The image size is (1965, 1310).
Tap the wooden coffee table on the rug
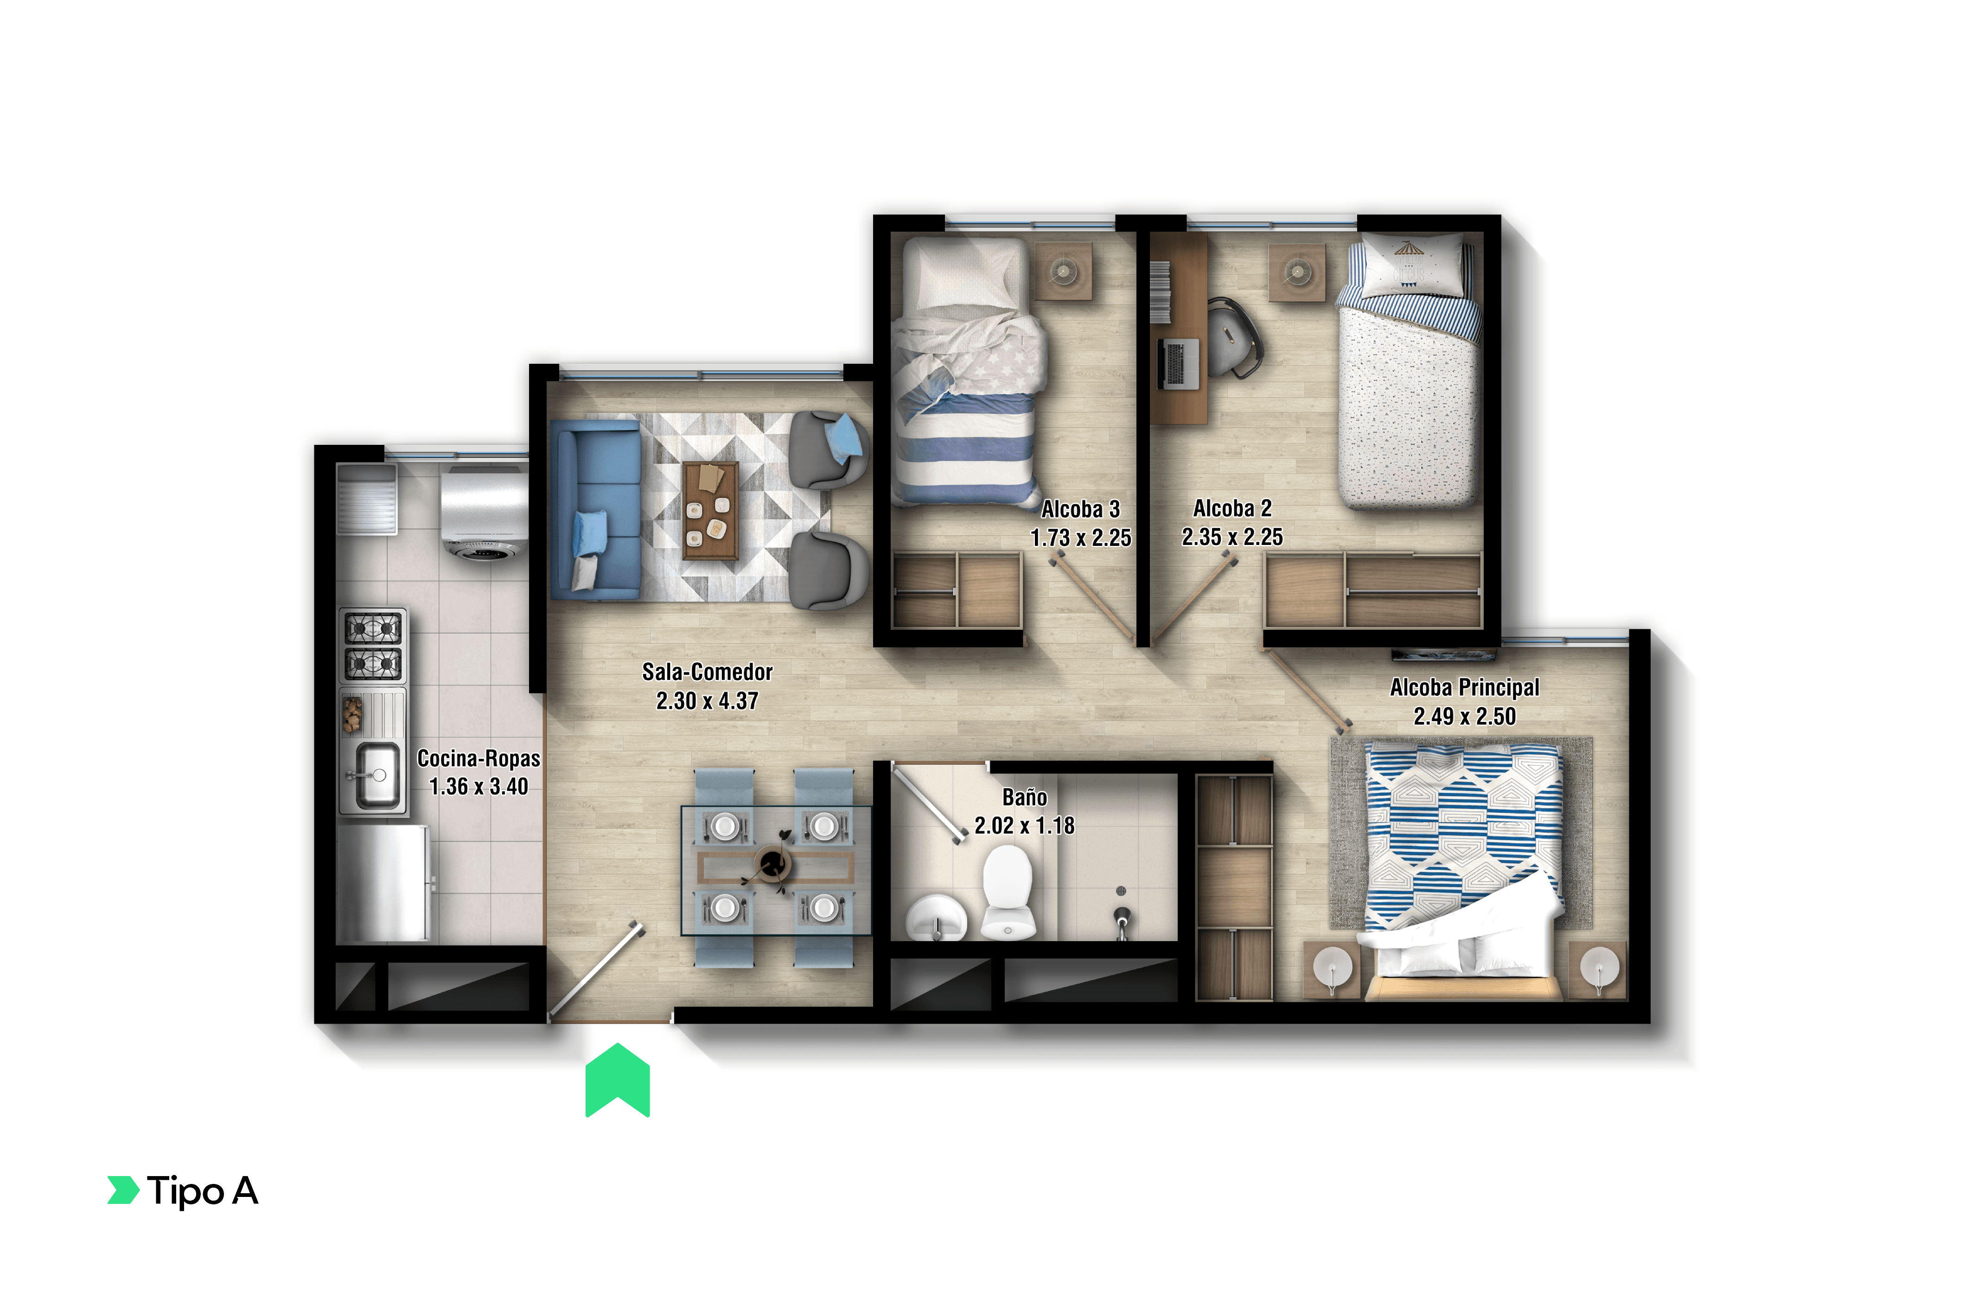[709, 510]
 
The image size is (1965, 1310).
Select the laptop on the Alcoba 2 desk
[1178, 363]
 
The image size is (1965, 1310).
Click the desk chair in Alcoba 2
[1233, 338]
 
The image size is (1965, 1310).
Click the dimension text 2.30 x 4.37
[707, 701]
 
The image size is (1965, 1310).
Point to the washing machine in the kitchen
[484, 511]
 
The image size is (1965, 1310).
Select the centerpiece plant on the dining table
[772, 861]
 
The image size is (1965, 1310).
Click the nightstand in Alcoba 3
[1063, 271]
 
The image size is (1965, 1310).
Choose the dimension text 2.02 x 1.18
[1024, 825]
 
